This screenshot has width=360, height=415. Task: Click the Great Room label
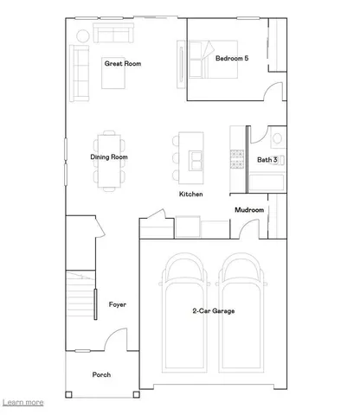122,63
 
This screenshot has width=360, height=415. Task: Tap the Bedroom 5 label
233,58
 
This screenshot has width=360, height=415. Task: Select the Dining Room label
109,157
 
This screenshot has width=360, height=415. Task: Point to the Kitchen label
191,195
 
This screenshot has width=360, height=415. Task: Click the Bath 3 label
267,159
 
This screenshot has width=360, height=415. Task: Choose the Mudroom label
249,209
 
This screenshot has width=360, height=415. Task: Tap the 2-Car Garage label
213,310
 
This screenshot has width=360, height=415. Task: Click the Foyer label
118,304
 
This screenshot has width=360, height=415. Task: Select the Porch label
102,374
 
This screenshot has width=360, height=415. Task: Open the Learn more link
23,402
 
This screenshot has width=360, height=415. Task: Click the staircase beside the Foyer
80,298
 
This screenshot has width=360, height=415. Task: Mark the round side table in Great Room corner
81,35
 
